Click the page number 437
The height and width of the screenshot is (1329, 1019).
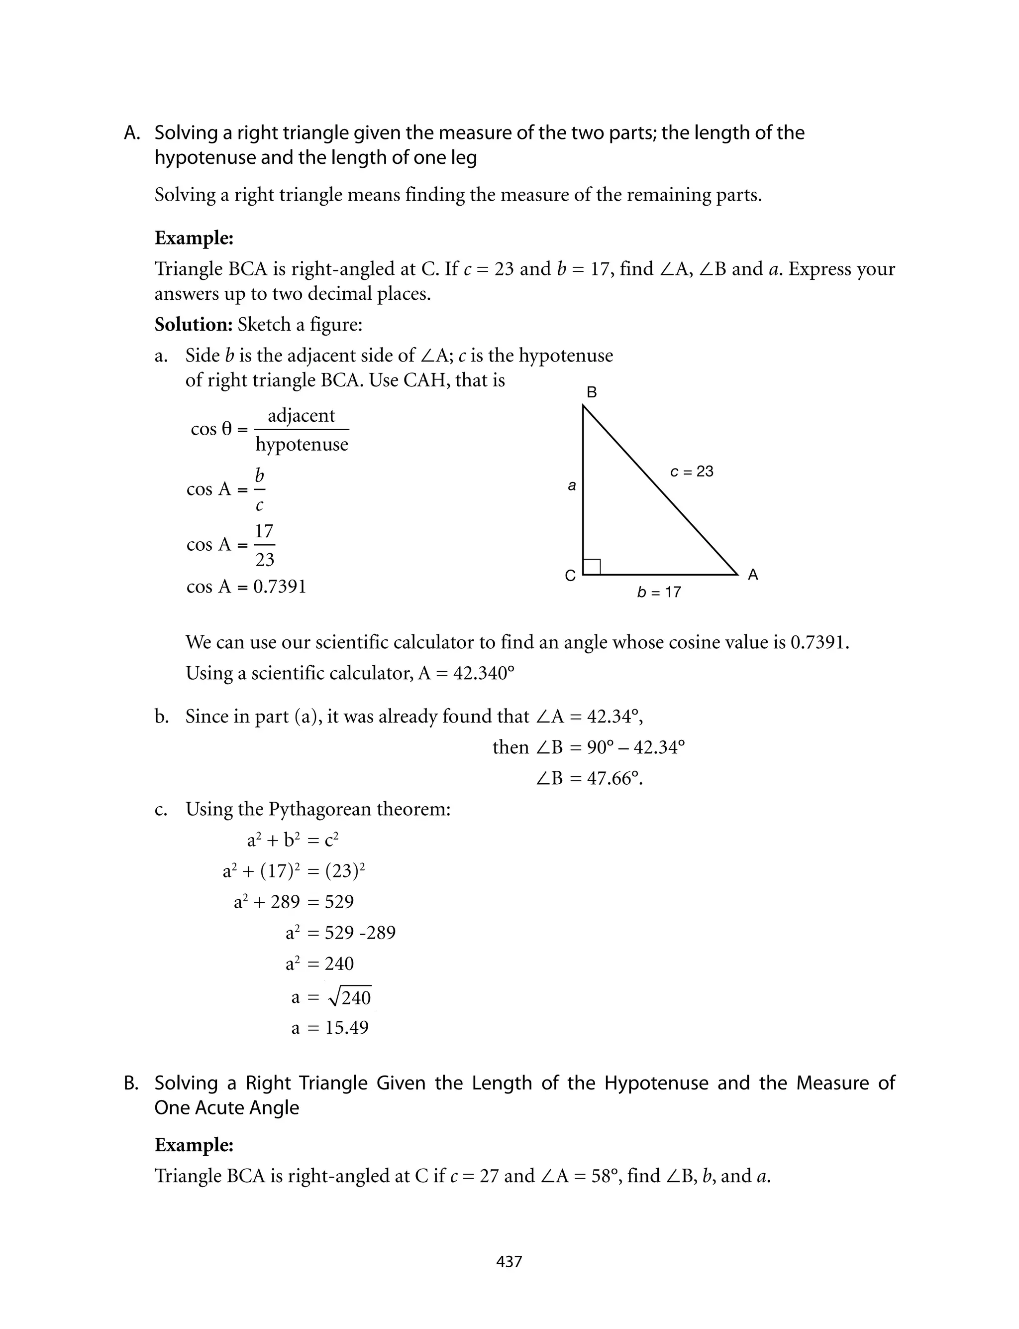pos(509,1262)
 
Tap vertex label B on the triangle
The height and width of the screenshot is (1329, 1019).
pos(592,393)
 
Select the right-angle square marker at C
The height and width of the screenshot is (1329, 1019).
pos(592,566)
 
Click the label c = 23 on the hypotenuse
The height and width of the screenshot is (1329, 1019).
pos(692,472)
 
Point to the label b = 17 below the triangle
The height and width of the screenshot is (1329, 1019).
pos(659,592)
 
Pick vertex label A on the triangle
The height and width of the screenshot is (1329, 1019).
pos(753,575)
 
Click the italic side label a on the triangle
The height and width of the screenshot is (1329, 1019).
pos(571,485)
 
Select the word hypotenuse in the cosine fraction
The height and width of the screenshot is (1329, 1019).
pos(302,444)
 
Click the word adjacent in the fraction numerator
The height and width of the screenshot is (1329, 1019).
pos(302,416)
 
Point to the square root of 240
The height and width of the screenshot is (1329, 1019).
pos(349,997)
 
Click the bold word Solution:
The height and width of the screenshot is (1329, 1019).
pos(194,325)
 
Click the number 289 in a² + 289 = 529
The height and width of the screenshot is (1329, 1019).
pos(285,902)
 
